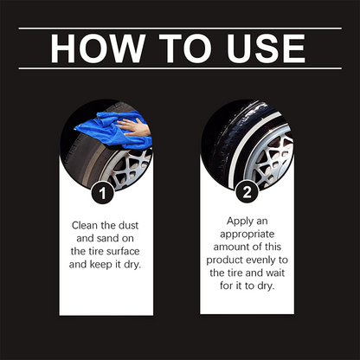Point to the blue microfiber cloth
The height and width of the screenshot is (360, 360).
click(x=99, y=132)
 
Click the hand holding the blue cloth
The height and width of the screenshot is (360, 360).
click(x=132, y=128)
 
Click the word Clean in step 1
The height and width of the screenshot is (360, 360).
click(x=88, y=224)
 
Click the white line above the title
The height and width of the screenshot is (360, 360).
click(x=180, y=29)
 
